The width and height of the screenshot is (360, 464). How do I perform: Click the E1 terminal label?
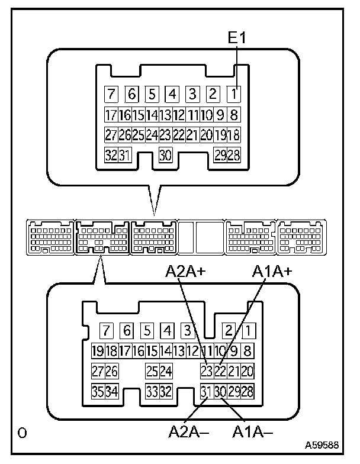(237, 40)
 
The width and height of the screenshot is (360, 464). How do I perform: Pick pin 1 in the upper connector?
(235, 94)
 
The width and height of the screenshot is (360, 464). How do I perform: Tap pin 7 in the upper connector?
(110, 94)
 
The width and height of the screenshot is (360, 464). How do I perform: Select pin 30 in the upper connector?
(166, 155)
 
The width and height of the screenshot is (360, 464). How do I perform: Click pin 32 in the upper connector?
(110, 155)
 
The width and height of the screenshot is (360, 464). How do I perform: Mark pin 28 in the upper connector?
(234, 155)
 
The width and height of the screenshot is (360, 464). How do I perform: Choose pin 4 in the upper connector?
(172, 94)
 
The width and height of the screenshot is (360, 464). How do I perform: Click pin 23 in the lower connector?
(206, 371)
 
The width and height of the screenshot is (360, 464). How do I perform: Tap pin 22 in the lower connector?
(220, 371)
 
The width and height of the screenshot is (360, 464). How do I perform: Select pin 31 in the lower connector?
(206, 391)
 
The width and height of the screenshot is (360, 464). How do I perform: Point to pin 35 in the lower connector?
(98, 391)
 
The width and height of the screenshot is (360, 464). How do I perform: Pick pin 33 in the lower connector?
(152, 391)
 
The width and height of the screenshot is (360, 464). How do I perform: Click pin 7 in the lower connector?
(107, 330)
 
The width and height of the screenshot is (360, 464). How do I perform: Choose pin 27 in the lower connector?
(98, 371)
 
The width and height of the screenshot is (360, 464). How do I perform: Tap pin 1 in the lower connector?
(249, 330)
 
